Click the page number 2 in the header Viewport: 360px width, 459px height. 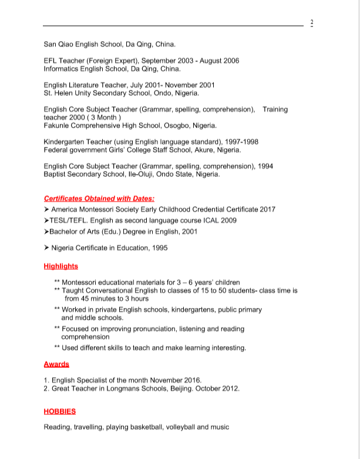pos(311,23)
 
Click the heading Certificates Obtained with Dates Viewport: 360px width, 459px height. pos(99,199)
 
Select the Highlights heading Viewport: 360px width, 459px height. pos(60,266)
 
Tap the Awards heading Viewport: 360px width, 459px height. pos(56,364)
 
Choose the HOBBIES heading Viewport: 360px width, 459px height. pos(60,411)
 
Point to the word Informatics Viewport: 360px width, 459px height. pos(63,68)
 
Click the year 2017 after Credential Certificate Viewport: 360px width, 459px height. pos(266,209)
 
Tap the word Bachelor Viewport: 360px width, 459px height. pos(67,232)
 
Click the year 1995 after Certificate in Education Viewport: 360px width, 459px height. pos(159,248)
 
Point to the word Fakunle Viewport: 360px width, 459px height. pos(58,125)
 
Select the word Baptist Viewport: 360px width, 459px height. pos(57,174)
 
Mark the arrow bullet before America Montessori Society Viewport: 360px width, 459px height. pos(47,209)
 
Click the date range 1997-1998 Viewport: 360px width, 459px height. pos(238,142)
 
